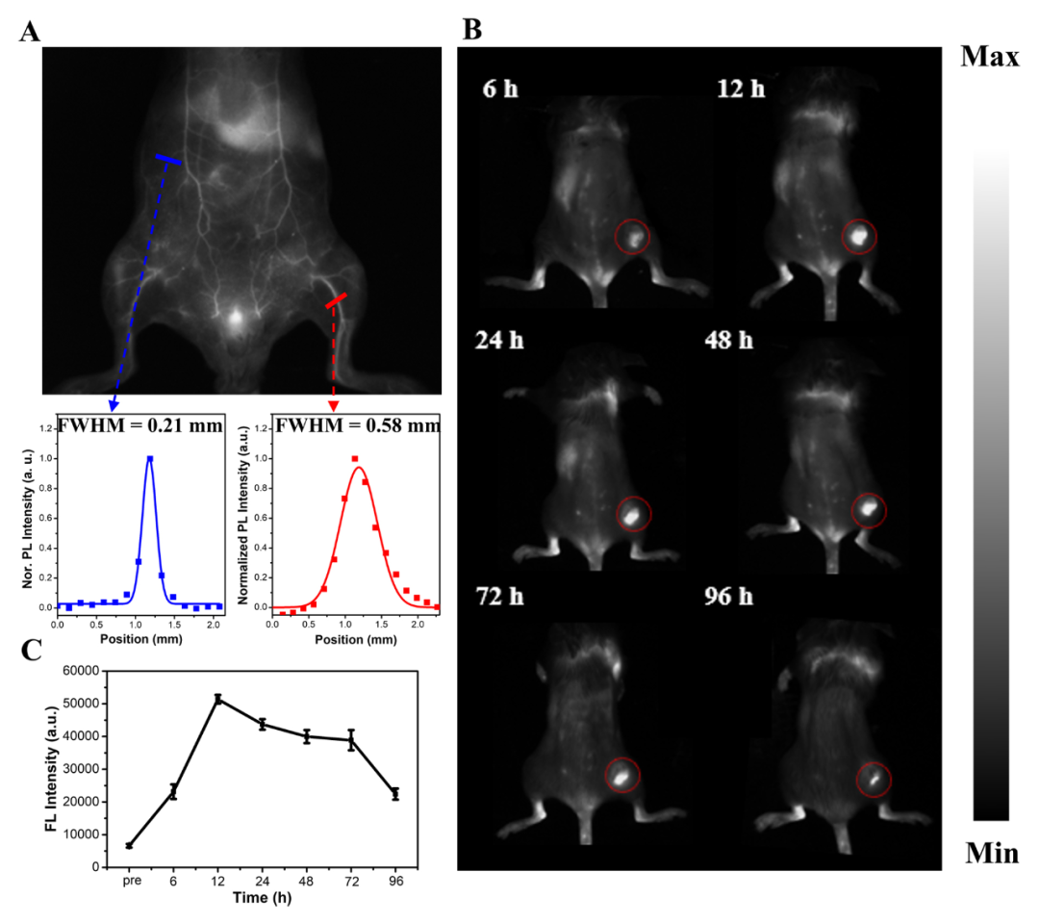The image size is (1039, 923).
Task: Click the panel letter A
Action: pos(30,33)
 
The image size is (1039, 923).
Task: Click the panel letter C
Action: pos(32,651)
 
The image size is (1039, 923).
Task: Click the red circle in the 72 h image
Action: pos(622,773)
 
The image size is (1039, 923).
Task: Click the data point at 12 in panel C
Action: pos(218,699)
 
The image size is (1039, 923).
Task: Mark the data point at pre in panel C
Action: pos(129,845)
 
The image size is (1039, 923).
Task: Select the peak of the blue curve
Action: pos(150,459)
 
